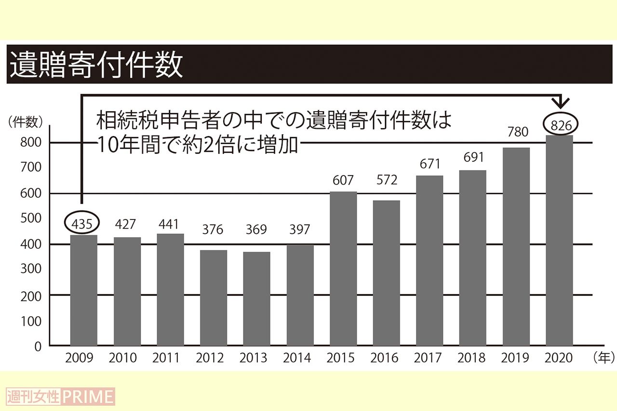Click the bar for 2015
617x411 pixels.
[343, 269]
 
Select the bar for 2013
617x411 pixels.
[256, 298]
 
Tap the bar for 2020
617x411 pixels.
[559, 241]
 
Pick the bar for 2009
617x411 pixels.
[83, 290]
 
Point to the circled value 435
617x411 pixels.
[82, 224]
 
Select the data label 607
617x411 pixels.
[343, 180]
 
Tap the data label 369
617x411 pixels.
[256, 230]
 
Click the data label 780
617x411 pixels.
[517, 131]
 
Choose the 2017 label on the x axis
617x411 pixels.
[428, 358]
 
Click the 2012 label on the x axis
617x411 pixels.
[210, 358]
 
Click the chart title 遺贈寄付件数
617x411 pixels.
[96, 65]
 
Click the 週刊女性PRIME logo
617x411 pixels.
[61, 397]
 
